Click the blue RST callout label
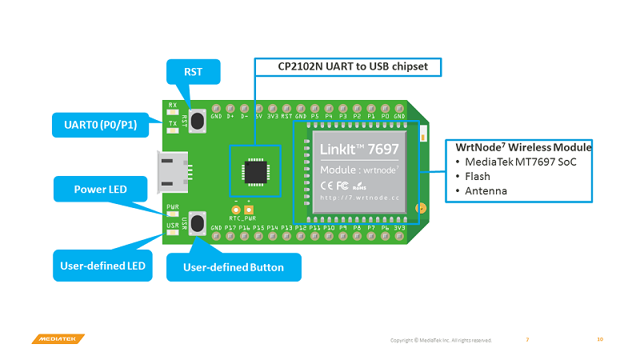[x=193, y=72]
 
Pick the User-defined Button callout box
[x=234, y=267]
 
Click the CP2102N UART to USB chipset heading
[x=347, y=66]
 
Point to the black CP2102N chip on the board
[x=256, y=170]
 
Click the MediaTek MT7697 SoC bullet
[x=519, y=162]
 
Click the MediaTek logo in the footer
[x=58, y=339]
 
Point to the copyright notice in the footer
[x=441, y=340]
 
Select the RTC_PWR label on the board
[x=242, y=217]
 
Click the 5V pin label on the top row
[x=258, y=116]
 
